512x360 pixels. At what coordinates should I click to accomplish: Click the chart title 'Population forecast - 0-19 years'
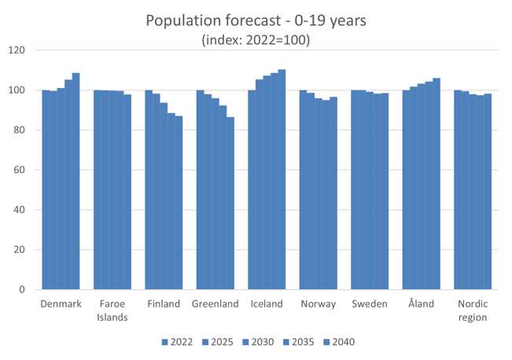(256, 20)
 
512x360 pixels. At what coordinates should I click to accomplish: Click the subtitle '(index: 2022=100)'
(256, 39)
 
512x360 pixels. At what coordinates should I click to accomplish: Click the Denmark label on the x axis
(61, 304)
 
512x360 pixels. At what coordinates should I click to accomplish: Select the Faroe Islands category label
(112, 310)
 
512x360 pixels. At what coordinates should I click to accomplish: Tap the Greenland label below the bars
(215, 304)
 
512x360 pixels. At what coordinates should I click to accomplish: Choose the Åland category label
(421, 304)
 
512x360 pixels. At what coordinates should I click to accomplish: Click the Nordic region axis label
(472, 310)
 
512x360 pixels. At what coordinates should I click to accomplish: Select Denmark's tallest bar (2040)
(76, 181)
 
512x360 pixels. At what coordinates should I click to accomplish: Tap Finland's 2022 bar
(149, 189)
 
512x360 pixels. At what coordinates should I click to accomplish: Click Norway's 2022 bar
(303, 189)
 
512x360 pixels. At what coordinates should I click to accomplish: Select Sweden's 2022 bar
(355, 189)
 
